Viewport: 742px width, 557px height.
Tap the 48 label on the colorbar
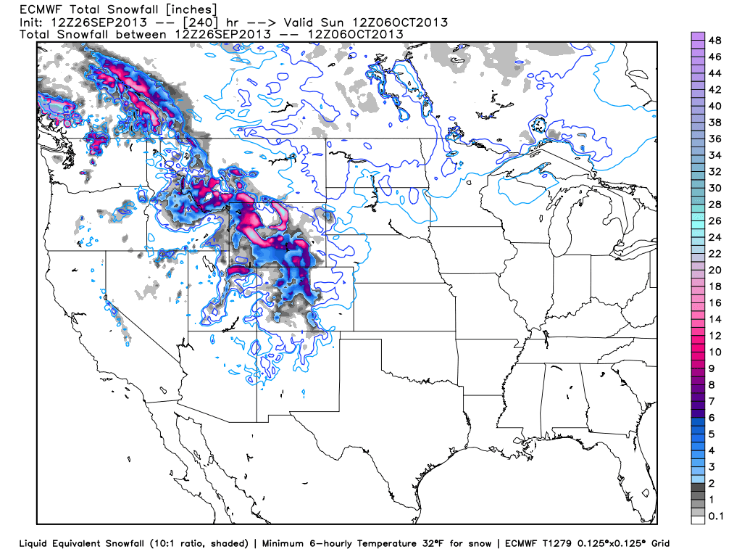713,40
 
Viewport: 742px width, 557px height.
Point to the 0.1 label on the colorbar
715,516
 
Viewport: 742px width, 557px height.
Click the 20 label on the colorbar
713,270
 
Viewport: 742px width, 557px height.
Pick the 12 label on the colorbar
713,336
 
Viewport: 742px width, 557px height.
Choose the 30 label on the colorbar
713,188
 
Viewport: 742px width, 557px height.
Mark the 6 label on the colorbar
711,418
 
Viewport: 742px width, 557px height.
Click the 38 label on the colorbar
713,122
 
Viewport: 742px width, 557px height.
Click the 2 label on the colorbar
711,483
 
